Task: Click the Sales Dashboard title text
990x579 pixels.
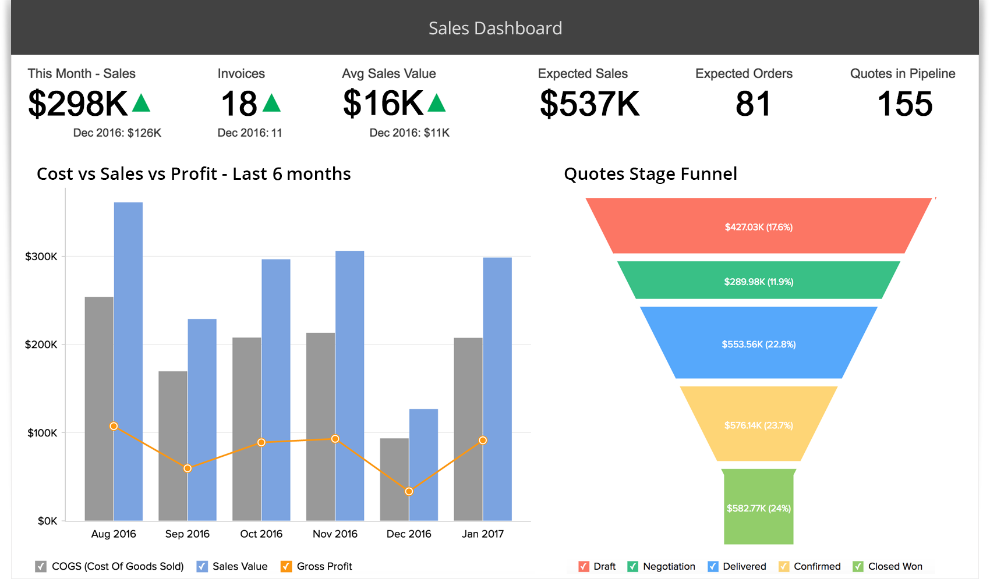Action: click(x=495, y=28)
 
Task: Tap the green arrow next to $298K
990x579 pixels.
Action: click(x=142, y=104)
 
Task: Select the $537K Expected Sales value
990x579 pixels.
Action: click(x=589, y=104)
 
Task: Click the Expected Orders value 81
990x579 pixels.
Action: click(x=752, y=104)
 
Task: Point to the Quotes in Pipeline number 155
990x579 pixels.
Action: click(x=904, y=104)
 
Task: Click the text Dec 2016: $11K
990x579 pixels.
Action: click(x=409, y=133)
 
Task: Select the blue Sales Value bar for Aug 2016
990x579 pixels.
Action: click(x=128, y=361)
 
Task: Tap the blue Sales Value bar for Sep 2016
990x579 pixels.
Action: click(x=202, y=419)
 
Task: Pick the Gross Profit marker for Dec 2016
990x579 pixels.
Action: click(x=409, y=491)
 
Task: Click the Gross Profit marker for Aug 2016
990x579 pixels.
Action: click(x=114, y=426)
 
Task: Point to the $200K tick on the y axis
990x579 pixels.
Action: click(x=41, y=344)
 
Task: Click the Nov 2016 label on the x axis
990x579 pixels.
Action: click(x=335, y=534)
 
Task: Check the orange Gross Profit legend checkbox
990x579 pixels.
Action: click(x=286, y=566)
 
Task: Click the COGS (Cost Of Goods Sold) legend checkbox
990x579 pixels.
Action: click(x=41, y=566)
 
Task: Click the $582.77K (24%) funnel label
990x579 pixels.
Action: click(x=758, y=508)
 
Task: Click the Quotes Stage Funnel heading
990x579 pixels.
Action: click(x=650, y=173)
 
